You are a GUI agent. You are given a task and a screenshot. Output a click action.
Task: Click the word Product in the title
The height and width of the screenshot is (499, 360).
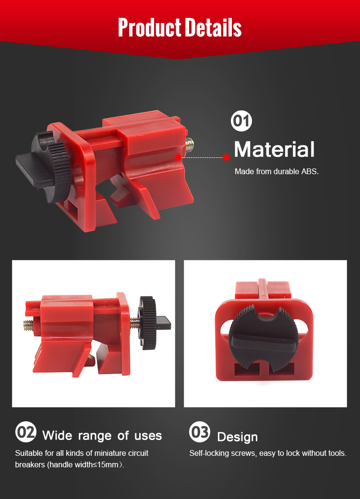150,27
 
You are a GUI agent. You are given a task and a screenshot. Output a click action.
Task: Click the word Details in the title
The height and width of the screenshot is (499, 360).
213,27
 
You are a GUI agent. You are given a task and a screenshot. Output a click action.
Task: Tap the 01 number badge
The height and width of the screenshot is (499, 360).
241,121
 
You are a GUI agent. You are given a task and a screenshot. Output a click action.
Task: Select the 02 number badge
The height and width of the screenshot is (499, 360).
26,432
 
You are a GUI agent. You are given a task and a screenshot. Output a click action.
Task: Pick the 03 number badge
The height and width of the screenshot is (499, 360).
200,432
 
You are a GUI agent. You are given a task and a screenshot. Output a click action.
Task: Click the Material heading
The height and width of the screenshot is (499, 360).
275,149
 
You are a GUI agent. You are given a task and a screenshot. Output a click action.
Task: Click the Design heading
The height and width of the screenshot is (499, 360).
238,437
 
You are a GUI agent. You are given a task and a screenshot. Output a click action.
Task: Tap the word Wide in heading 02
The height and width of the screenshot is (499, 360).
57,435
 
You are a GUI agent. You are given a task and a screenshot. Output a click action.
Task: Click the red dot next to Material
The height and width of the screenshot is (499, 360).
226,157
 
